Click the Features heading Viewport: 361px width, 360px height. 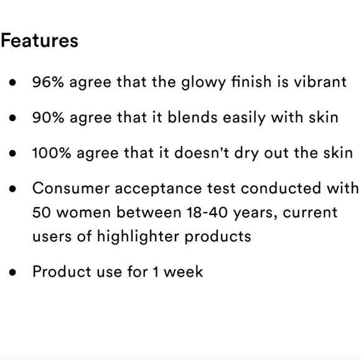(39, 41)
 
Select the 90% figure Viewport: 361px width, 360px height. (48, 118)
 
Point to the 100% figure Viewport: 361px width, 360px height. (52, 153)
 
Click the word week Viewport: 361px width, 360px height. (182, 272)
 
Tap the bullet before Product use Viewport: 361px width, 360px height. (13, 272)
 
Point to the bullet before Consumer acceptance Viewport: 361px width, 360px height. (13, 188)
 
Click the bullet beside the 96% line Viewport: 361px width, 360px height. (13, 83)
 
